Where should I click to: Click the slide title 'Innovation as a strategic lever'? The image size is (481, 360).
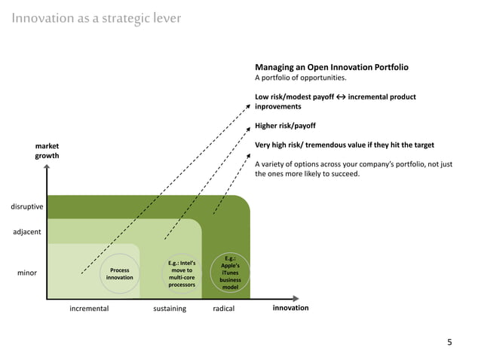(96, 18)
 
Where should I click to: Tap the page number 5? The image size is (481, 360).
(450, 343)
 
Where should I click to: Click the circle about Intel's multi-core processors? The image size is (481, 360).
(182, 274)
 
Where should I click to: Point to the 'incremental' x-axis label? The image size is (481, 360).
(89, 309)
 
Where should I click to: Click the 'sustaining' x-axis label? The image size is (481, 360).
(170, 309)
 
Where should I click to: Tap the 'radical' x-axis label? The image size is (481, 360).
(224, 309)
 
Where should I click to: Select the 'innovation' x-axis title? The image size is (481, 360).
(290, 308)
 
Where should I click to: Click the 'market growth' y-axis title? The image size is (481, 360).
(47, 150)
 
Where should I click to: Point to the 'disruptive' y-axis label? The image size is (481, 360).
(26, 206)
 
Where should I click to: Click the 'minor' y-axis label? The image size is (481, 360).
(27, 273)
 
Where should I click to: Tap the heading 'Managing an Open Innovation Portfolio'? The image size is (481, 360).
(332, 67)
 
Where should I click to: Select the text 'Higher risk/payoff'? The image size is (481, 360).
(285, 126)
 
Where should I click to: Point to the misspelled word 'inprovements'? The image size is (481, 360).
(278, 107)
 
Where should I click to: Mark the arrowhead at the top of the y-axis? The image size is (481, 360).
(47, 169)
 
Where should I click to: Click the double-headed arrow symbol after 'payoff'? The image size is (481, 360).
(341, 97)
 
